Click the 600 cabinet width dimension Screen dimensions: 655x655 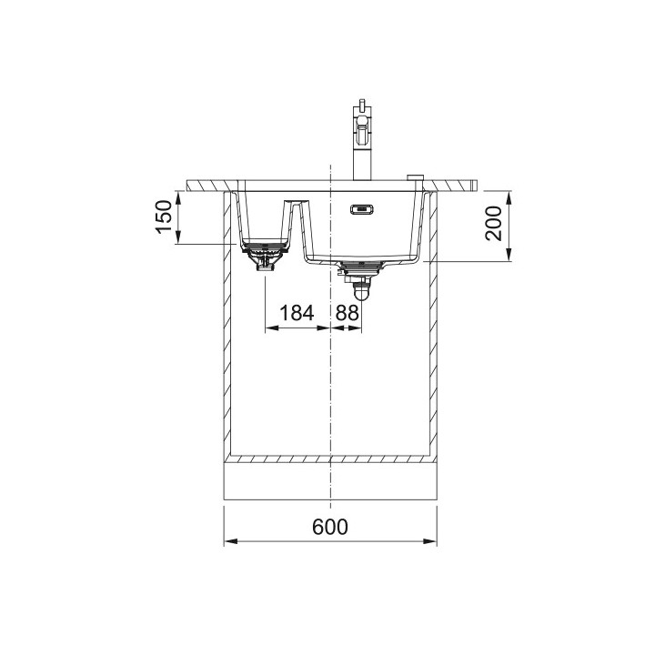coord(329,527)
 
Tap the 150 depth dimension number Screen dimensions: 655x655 coord(164,217)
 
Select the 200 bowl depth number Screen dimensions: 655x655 coord(493,224)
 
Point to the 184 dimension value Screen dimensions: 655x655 coord(297,313)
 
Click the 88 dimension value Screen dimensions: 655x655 coord(347,313)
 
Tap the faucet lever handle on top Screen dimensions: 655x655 coord(362,109)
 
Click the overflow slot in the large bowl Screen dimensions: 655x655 coord(361,209)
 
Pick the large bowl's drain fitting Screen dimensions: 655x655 coord(360,267)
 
